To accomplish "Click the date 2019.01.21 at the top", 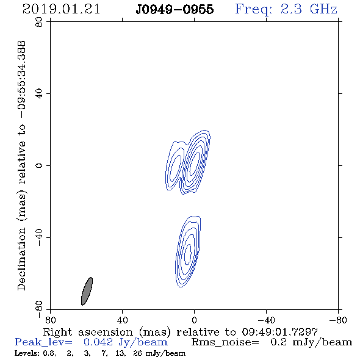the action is pos(61,9).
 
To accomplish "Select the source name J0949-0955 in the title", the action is pos(175,10).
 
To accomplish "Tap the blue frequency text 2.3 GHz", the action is pos(309,9).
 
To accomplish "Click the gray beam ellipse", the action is pos(87,291).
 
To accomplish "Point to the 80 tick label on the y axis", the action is pos(39,22).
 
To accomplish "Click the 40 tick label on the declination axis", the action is pos(39,94).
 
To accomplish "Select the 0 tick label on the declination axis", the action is pos(39,165).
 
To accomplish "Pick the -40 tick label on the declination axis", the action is pos(39,237).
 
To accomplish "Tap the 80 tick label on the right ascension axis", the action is pos(50,320).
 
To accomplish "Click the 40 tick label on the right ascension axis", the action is pos(122,320).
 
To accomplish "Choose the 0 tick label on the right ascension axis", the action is pos(194,320).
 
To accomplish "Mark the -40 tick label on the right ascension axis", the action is pos(266,320).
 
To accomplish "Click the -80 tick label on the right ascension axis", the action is pos(338,320).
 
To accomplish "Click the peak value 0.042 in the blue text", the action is pos(98,342).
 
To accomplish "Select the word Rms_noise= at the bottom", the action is pos(225,342).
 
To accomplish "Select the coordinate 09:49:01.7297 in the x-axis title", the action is pos(279,332).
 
